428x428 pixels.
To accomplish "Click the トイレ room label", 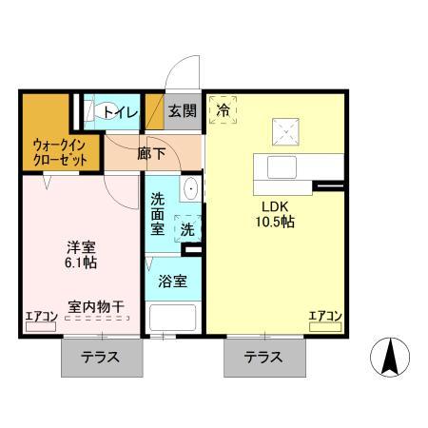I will coord(121,112).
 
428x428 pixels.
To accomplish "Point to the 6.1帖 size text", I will coord(81,261).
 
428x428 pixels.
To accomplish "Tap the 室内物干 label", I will coord(97,306).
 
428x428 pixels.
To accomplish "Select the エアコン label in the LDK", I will coord(325,316).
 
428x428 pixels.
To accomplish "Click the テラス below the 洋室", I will coord(100,359).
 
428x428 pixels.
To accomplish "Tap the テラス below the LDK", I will coord(263,359).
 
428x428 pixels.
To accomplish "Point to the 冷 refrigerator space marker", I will coord(224,109).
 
